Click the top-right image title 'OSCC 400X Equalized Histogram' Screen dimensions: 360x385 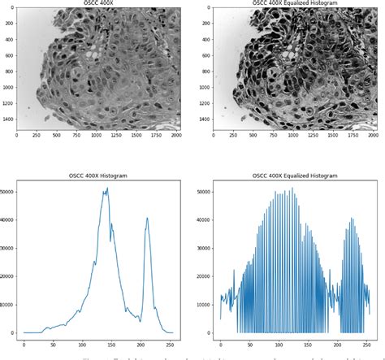292,3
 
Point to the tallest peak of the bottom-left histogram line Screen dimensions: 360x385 106,189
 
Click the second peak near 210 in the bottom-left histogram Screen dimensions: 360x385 147,217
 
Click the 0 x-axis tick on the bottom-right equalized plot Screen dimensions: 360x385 220,343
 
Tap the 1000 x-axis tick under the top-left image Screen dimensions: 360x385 97,135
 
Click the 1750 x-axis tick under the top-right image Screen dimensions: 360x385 348,135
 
